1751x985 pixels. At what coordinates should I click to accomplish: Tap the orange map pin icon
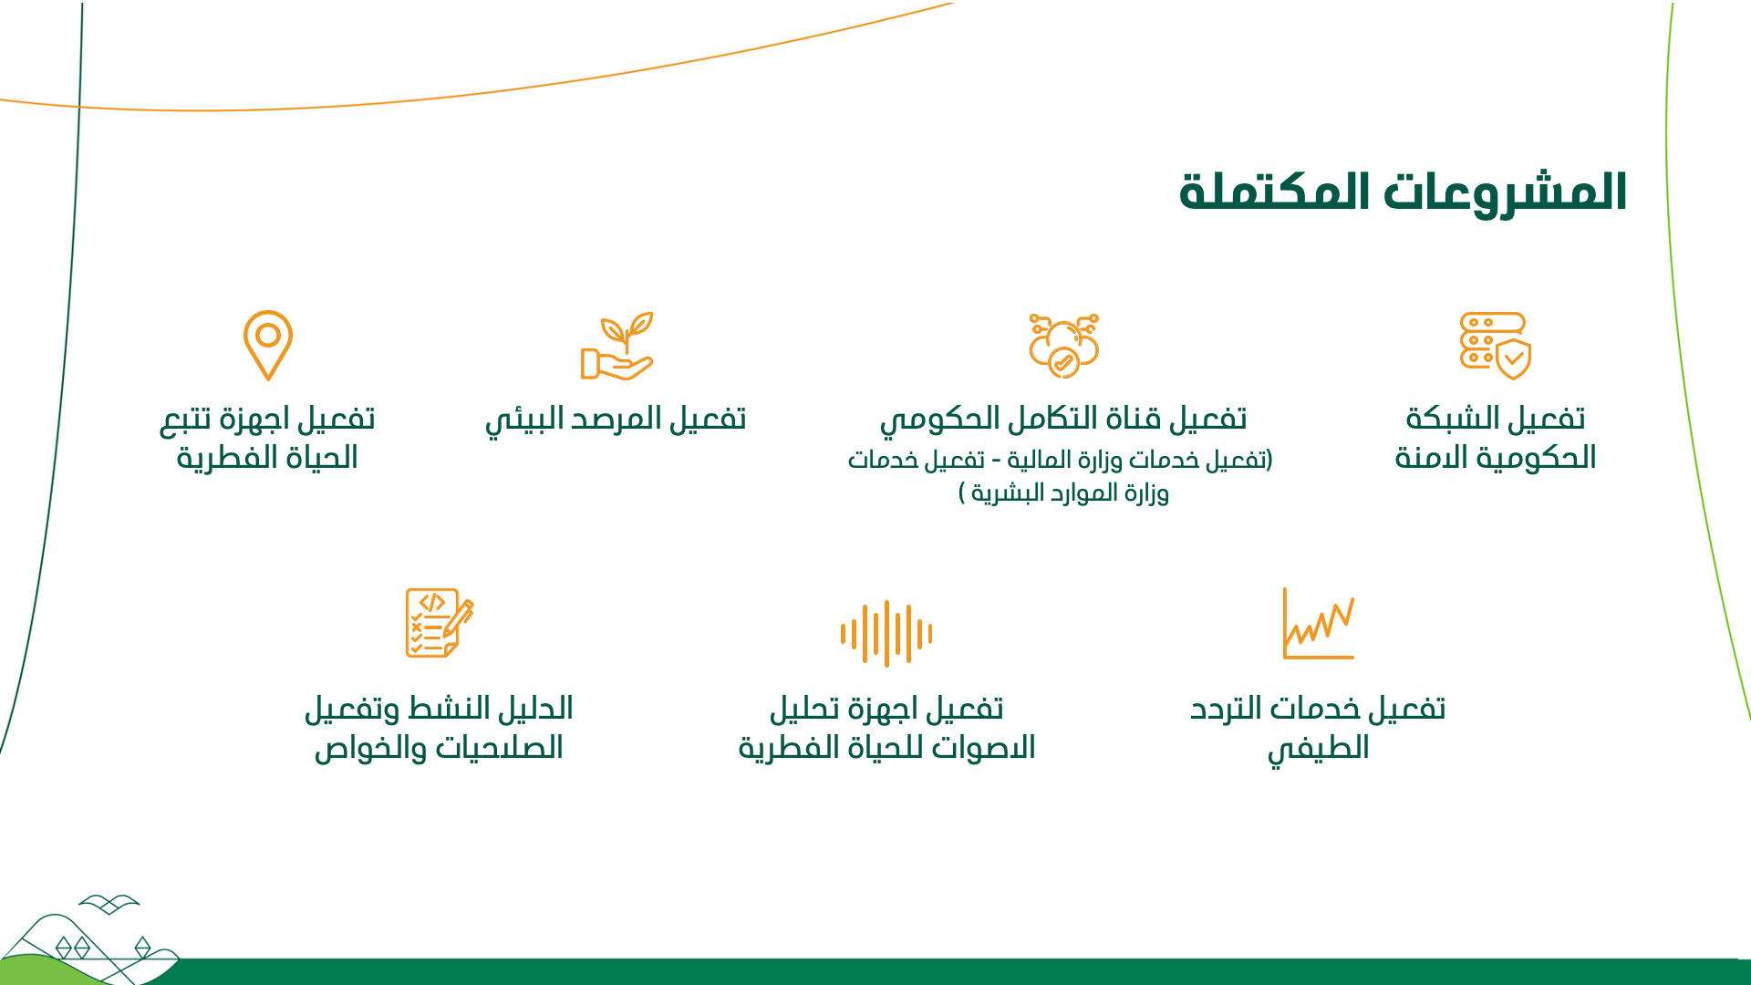point(268,345)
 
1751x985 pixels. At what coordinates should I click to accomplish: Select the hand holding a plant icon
point(617,346)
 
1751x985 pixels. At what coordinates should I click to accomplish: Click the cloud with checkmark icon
point(1063,346)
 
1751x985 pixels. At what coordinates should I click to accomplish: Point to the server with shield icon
point(1496,346)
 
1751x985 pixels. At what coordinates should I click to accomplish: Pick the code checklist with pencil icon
point(440,623)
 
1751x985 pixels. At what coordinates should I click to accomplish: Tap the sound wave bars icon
point(886,633)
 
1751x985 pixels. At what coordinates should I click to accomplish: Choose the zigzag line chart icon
point(1319,623)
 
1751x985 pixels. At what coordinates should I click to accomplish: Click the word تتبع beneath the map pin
point(186,420)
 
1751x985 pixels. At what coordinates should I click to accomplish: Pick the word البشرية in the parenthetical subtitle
point(1008,494)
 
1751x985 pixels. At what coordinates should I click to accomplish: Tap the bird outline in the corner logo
point(109,904)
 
